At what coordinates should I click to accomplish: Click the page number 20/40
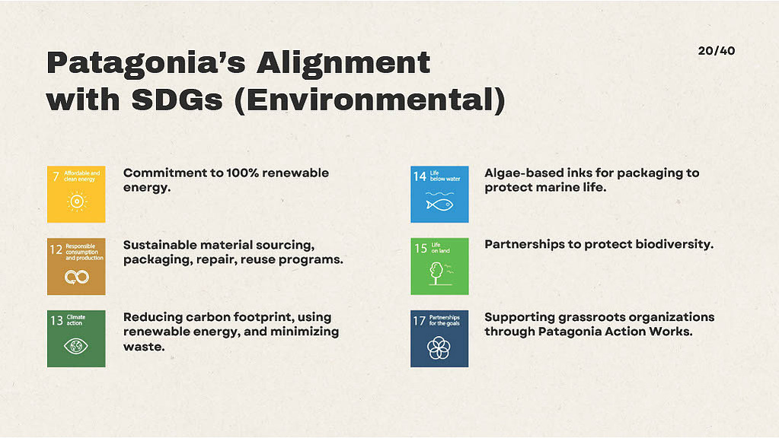pos(716,51)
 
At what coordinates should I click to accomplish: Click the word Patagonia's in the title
pos(146,64)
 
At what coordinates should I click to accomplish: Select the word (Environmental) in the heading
pos(369,100)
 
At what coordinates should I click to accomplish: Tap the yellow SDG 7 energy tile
pos(76,194)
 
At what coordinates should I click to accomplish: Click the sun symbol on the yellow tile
pos(76,202)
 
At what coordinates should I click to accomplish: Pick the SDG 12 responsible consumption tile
pos(76,266)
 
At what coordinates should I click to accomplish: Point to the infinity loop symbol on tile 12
pos(76,277)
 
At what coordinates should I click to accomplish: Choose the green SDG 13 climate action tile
pos(76,339)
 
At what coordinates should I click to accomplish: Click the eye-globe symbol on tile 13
pos(76,346)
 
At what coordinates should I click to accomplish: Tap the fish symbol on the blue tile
pos(439,205)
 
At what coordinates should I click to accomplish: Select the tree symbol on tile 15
pos(437,274)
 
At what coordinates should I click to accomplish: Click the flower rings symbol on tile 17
pos(439,348)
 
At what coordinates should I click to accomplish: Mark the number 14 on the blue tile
pos(420,176)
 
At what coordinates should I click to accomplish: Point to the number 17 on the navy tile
pos(420,321)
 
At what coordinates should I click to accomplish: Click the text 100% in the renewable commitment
pos(242,173)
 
